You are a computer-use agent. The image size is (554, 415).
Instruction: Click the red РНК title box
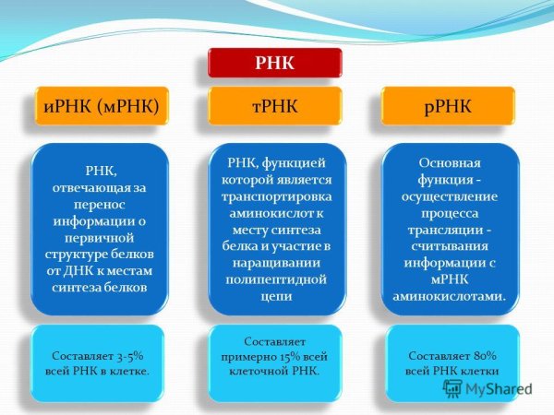(x=275, y=63)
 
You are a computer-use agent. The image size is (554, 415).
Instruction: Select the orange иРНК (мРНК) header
(x=102, y=106)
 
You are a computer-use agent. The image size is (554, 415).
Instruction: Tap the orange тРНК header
(x=275, y=106)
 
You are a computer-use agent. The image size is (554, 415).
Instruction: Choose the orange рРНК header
(x=448, y=106)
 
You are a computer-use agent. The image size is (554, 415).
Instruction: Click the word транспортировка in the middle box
(x=277, y=196)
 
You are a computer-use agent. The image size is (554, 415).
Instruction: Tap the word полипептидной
(x=276, y=279)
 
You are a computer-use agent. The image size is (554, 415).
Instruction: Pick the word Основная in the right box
(x=450, y=163)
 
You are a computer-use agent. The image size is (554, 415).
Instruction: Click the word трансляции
(x=444, y=230)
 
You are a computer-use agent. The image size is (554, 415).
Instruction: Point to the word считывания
(x=450, y=246)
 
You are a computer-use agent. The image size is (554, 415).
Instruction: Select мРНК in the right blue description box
(x=450, y=279)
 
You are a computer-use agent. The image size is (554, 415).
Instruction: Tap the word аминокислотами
(x=448, y=296)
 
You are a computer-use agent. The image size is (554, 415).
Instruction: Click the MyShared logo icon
(x=453, y=388)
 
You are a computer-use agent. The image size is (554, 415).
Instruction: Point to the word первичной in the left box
(x=100, y=238)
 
